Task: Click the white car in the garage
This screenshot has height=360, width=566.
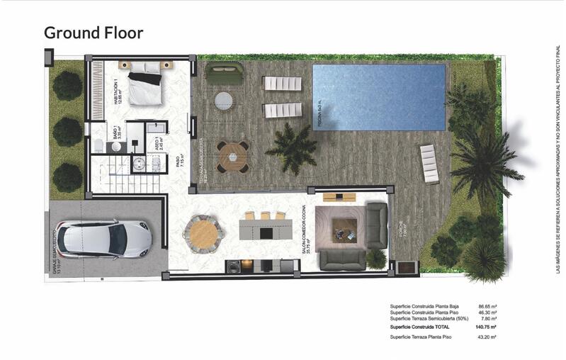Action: pos(104,240)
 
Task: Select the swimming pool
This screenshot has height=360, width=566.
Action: pos(378,98)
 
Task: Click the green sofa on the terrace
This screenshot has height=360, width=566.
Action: pos(224,73)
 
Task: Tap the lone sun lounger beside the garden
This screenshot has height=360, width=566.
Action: pos(429,163)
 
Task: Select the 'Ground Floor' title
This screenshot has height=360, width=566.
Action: pos(94,33)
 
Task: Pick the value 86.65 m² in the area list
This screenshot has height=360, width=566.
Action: pos(487,306)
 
